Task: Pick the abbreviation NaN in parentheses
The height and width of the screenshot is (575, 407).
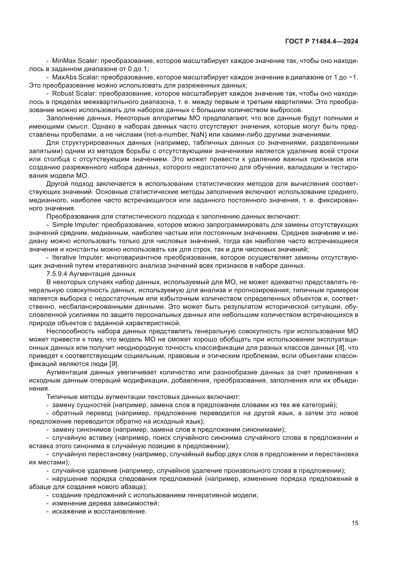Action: (199, 135)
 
